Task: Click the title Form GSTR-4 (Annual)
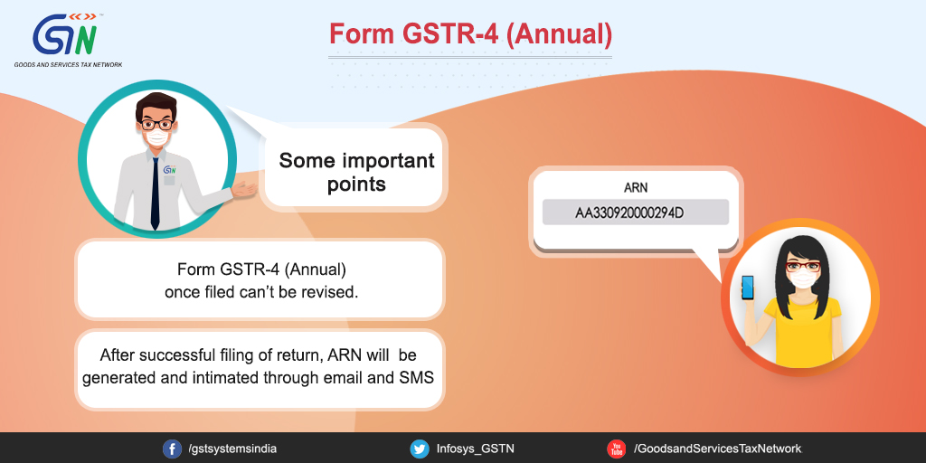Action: coord(470,34)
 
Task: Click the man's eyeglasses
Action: coord(156,125)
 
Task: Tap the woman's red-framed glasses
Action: coord(803,267)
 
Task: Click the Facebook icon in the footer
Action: coord(172,449)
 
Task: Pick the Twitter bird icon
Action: coord(420,449)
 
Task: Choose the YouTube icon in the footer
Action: coord(616,449)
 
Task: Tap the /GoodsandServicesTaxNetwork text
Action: coord(717,449)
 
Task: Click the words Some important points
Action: coord(356,171)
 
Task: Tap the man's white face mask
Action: coord(156,137)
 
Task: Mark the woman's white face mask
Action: coord(803,279)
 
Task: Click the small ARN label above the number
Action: coord(636,188)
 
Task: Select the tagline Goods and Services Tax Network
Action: coord(69,64)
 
